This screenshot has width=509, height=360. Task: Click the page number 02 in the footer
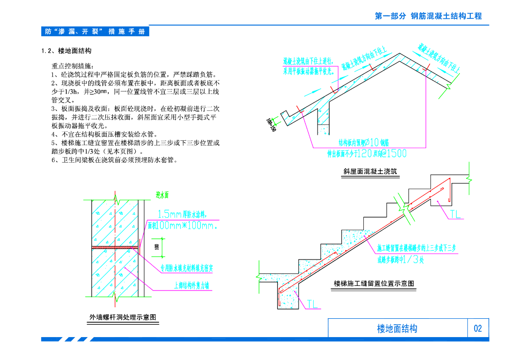click(478, 328)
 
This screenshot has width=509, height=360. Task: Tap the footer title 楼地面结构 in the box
click(397, 328)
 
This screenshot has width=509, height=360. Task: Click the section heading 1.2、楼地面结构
click(66, 51)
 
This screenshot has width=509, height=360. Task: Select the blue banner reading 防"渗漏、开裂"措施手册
click(95, 31)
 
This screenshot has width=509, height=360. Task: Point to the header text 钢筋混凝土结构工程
click(446, 16)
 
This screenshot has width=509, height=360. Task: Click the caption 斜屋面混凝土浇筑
click(370, 172)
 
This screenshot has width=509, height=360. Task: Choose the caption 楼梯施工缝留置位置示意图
click(374, 283)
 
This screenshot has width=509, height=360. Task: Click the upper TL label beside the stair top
click(455, 214)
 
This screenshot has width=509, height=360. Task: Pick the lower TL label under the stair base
click(312, 304)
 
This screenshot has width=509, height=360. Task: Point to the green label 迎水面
click(163, 195)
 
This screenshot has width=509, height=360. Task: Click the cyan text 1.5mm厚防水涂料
click(182, 215)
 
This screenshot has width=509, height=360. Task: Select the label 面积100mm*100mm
click(183, 226)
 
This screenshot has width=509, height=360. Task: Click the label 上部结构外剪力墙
click(192, 285)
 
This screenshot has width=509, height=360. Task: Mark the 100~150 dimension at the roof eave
click(270, 124)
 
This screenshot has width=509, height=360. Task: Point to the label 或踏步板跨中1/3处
click(400, 259)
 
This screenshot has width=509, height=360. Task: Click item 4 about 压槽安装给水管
click(104, 134)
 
